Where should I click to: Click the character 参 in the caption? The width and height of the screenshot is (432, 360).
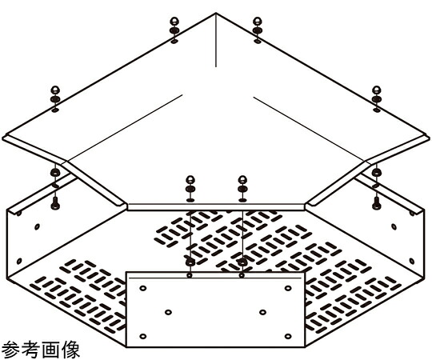pyautogui.click(x=10, y=350)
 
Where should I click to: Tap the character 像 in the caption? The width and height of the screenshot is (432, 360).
pyautogui.click(x=70, y=350)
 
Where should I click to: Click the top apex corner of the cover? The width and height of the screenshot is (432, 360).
pyautogui.click(x=216, y=13)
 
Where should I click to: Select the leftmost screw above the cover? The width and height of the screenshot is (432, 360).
pyautogui.click(x=55, y=95)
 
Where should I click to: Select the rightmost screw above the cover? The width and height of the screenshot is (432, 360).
pyautogui.click(x=376, y=95)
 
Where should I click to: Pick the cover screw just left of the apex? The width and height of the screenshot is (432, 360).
pyautogui.click(x=174, y=26)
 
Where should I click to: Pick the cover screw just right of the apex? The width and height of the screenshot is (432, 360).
pyautogui.click(x=258, y=26)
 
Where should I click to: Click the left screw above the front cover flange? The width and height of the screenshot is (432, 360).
pyautogui.click(x=190, y=185)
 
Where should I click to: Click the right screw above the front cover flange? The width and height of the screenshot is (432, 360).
pyautogui.click(x=242, y=185)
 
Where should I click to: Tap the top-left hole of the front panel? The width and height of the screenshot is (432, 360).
pyautogui.click(x=143, y=288)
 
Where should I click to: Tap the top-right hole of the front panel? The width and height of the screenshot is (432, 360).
pyautogui.click(x=288, y=288)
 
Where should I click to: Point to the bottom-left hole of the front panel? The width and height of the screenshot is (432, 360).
pyautogui.click(x=143, y=336)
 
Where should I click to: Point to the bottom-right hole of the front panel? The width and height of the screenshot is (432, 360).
pyautogui.click(x=288, y=336)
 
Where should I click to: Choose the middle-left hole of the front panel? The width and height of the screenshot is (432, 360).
pyautogui.click(x=168, y=312)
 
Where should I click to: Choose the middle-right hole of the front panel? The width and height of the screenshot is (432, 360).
pyautogui.click(x=263, y=312)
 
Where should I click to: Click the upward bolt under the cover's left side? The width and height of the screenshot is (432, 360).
pyautogui.click(x=55, y=203)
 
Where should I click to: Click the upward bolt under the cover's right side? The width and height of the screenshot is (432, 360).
pyautogui.click(x=376, y=203)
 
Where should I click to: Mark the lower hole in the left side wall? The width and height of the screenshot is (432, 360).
pyautogui.click(x=19, y=261)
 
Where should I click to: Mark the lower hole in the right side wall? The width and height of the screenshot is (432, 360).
pyautogui.click(x=412, y=261)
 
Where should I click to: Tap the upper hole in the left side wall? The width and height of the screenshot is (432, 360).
pyautogui.click(x=37, y=226)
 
